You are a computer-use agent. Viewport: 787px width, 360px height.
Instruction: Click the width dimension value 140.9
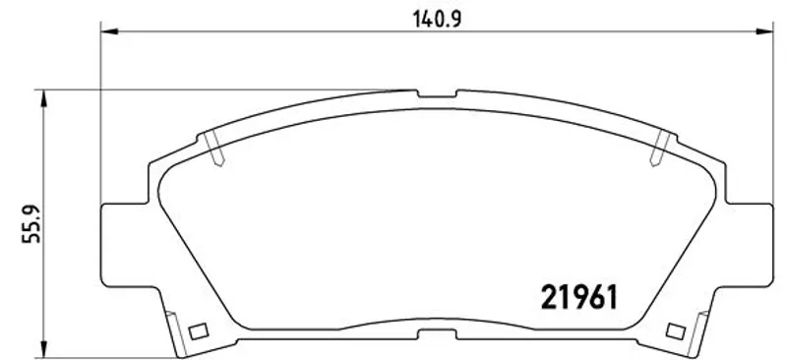[x=437, y=19]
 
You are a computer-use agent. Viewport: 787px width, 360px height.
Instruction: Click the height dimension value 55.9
[x=31, y=224]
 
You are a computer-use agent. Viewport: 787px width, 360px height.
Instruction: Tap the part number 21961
[x=578, y=297]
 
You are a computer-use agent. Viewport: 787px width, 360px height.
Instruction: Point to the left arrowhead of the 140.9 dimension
[x=109, y=31]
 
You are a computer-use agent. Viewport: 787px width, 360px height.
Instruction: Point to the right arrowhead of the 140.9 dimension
[x=764, y=31]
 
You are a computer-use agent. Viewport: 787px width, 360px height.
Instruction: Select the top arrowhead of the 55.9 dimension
[x=44, y=98]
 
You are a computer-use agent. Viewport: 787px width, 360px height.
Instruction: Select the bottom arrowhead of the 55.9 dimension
[x=44, y=349]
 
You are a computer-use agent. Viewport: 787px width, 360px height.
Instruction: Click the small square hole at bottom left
[x=198, y=330]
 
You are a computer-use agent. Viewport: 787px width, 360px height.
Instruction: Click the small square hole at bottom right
[x=676, y=330]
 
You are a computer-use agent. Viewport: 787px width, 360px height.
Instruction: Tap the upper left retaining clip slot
[x=214, y=149]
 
